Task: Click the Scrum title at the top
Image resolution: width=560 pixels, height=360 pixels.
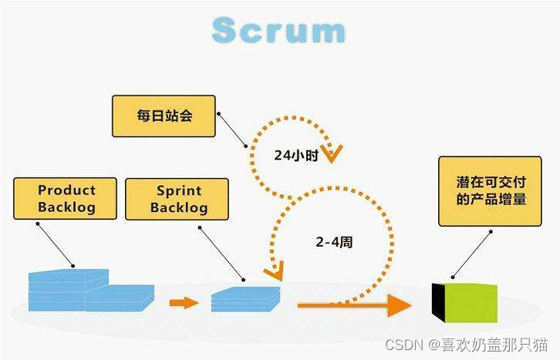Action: click(279, 30)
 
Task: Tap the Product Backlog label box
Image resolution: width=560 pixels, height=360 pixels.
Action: click(66, 198)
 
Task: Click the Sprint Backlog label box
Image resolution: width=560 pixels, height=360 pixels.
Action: click(177, 199)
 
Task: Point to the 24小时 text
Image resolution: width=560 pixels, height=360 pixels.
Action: click(295, 154)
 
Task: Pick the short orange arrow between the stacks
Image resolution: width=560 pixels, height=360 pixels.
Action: click(184, 302)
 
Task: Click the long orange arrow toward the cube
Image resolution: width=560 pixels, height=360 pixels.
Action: click(355, 304)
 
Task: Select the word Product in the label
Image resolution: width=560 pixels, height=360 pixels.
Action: click(66, 190)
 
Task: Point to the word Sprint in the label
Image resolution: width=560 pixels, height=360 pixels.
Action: click(178, 190)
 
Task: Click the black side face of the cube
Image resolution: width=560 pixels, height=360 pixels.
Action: click(438, 301)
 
